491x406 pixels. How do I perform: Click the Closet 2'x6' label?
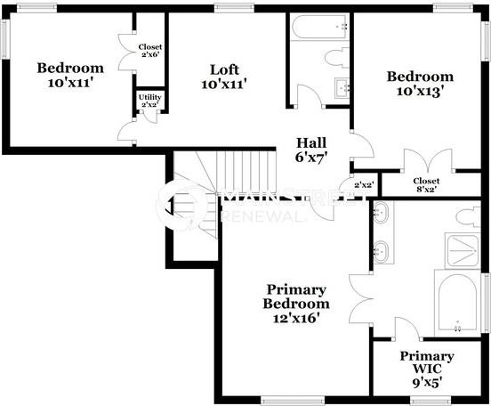149,50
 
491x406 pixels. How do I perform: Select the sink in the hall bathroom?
341,88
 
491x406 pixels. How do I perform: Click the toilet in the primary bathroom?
466,215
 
